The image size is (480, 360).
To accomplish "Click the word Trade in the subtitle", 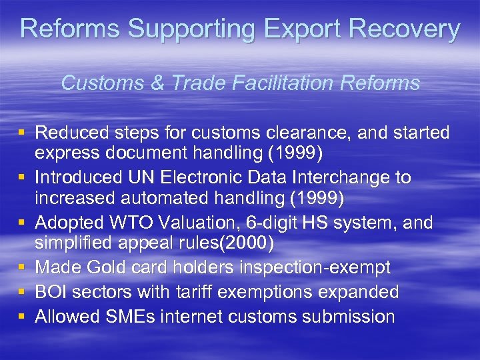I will [197, 83].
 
